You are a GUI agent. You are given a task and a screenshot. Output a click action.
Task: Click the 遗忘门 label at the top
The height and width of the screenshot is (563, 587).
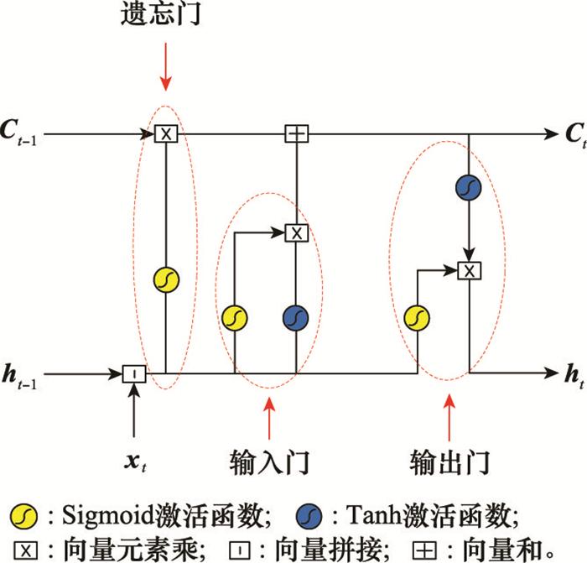pyautogui.click(x=161, y=14)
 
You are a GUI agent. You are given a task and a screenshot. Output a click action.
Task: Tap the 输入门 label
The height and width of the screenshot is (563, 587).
pyautogui.click(x=269, y=462)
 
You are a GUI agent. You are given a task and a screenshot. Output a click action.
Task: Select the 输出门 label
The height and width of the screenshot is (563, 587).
pyautogui.click(x=449, y=462)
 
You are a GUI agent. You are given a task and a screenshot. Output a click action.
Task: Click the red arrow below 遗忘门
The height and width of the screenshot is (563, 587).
pyautogui.click(x=165, y=66)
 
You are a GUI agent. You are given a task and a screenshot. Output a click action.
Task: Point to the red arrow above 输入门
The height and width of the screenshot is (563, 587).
pyautogui.click(x=269, y=418)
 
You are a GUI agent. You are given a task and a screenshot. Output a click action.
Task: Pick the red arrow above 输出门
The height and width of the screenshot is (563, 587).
pyautogui.click(x=449, y=418)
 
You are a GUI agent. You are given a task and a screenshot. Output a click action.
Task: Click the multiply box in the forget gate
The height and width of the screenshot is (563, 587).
pyautogui.click(x=166, y=133)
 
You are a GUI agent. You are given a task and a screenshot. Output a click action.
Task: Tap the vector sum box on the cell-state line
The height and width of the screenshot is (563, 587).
pyautogui.click(x=297, y=133)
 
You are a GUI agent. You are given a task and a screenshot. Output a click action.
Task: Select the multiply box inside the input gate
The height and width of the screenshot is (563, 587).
pyautogui.click(x=297, y=233)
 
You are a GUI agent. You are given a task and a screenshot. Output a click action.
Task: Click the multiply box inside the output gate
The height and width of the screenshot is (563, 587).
pyautogui.click(x=470, y=271)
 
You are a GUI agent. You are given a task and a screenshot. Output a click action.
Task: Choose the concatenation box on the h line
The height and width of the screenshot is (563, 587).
pyautogui.click(x=134, y=374)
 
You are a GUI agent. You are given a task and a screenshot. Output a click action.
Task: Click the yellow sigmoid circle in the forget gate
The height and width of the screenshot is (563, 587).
pyautogui.click(x=166, y=279)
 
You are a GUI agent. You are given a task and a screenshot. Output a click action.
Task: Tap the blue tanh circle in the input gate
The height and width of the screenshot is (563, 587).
pyautogui.click(x=296, y=318)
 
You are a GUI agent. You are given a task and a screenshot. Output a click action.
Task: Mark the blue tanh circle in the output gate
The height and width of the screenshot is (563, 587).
pyautogui.click(x=469, y=187)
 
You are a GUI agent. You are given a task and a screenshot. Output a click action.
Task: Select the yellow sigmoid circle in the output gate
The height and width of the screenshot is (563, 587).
pyautogui.click(x=417, y=318)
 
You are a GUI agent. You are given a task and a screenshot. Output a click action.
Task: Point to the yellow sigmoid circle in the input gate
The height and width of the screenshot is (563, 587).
pyautogui.click(x=235, y=318)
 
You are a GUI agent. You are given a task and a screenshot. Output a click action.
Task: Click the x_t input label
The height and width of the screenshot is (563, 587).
pyautogui.click(x=135, y=461)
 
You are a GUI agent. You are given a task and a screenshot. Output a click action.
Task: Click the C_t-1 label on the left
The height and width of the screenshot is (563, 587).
pyautogui.click(x=18, y=133)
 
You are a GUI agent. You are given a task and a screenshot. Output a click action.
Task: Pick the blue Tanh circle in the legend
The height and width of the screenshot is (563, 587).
pyautogui.click(x=309, y=517)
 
